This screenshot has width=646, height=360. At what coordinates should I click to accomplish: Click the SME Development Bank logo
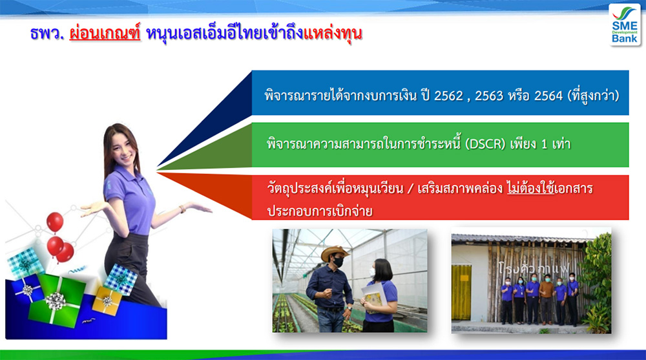click(x=624, y=25)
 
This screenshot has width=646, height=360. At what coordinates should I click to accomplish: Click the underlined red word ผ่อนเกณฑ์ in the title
click(x=105, y=33)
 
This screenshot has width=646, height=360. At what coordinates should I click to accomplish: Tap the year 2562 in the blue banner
click(x=449, y=96)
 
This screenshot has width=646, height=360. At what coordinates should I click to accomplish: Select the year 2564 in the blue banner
click(x=548, y=96)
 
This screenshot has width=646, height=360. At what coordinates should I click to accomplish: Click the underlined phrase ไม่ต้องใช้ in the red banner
click(x=530, y=189)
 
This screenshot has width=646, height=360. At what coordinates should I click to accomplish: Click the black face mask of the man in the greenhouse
click(x=339, y=262)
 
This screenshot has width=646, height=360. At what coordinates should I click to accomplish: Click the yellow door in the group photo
click(x=461, y=292)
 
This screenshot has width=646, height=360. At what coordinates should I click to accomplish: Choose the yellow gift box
click(x=107, y=301)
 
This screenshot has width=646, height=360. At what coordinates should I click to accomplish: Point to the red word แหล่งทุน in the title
click(x=333, y=33)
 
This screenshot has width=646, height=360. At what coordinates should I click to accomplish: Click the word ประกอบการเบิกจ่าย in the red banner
click(x=320, y=211)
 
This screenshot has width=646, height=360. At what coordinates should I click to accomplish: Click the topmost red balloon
click(x=55, y=222)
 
